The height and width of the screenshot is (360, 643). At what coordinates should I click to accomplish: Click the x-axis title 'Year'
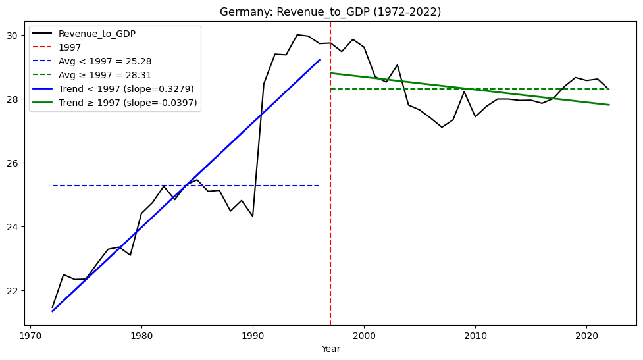[x=330, y=349]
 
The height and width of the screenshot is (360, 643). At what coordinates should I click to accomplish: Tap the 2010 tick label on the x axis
[x=475, y=335]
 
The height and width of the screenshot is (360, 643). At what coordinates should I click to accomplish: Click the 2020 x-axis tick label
[x=586, y=335]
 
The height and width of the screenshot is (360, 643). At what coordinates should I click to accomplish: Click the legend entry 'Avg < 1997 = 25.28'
[x=105, y=61]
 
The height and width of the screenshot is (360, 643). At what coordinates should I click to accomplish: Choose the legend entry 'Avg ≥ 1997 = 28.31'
[x=105, y=75]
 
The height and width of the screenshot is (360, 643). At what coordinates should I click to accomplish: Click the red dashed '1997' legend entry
[x=70, y=47]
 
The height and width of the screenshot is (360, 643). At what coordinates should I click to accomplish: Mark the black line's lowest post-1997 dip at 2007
[x=442, y=127]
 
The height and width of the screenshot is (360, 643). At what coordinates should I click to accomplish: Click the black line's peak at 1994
[x=297, y=35]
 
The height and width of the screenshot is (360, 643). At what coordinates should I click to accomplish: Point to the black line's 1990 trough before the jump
[x=253, y=216]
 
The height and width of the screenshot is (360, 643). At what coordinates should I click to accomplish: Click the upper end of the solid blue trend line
[x=319, y=60]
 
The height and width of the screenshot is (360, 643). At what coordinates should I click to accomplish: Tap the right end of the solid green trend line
[x=609, y=105]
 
